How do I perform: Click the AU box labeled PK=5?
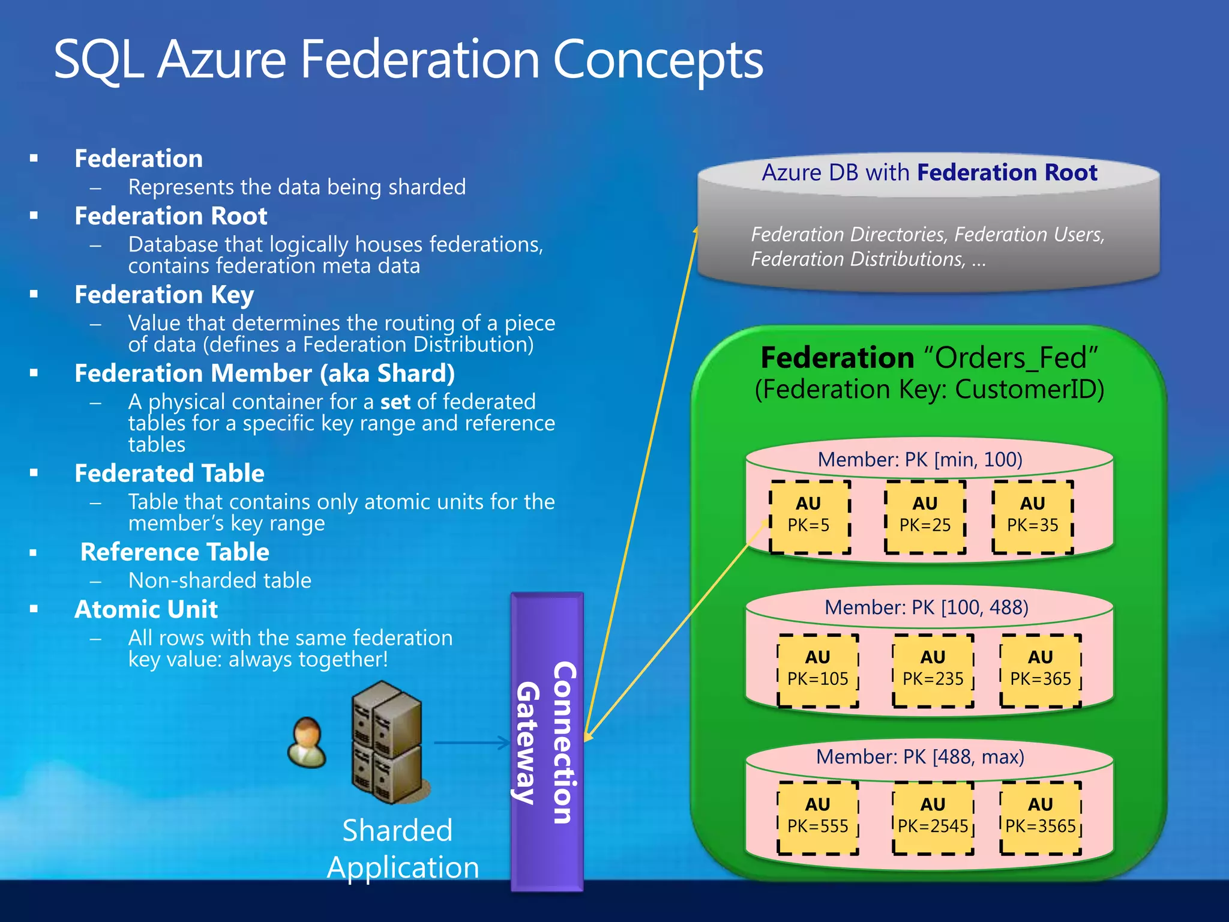[810, 516]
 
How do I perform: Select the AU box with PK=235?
[933, 670]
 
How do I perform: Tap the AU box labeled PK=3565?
[1040, 818]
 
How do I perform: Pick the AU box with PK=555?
[817, 818]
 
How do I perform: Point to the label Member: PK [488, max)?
[919, 756]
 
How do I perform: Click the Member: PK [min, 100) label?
[919, 460]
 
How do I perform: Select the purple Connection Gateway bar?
[547, 742]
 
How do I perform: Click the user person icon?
[307, 743]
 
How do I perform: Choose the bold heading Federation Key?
[164, 295]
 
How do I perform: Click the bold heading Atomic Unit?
[146, 609]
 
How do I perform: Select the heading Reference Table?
[175, 552]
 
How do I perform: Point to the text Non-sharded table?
[220, 580]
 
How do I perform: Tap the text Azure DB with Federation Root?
[929, 173]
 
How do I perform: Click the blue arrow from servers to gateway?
[471, 743]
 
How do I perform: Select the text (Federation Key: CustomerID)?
[929, 389]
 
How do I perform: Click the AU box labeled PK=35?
[1032, 516]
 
